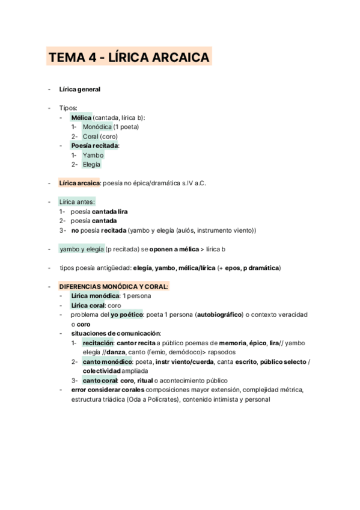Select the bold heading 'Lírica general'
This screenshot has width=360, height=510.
(79, 90)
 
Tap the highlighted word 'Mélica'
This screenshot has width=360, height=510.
(81, 117)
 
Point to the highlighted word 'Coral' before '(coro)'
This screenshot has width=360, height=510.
(90, 137)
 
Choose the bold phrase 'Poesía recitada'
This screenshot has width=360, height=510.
(94, 146)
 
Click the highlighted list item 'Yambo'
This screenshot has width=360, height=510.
(93, 155)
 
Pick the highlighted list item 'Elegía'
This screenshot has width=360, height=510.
(92, 164)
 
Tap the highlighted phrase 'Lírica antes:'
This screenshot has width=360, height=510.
(77, 202)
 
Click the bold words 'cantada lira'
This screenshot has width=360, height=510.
(109, 211)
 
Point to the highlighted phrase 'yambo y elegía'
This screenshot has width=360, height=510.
(81, 248)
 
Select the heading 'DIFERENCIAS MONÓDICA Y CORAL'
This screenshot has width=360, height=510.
(114, 286)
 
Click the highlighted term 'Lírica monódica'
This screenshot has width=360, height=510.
(95, 296)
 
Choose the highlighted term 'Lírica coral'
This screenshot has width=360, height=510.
(88, 306)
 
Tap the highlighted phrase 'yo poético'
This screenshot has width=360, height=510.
(126, 315)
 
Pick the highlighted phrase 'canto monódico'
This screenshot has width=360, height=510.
(107, 361)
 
